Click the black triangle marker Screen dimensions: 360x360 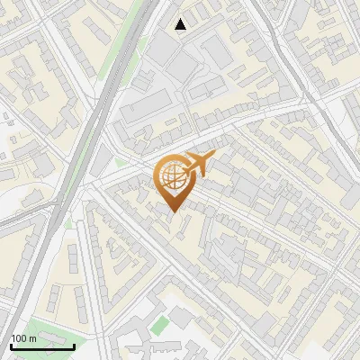(181, 24)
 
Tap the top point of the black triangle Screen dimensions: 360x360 (181, 18)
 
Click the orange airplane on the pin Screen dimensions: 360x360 (195, 166)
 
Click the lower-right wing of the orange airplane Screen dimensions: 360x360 (201, 174)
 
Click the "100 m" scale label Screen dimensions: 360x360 (24, 338)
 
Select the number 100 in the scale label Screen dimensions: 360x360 (20, 338)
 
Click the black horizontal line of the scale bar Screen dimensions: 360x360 (42, 346)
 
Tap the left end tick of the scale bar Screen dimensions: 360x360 (11, 345)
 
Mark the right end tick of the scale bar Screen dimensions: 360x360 (74, 345)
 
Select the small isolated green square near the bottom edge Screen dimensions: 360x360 (159, 325)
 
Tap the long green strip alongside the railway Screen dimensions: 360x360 (116, 67)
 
